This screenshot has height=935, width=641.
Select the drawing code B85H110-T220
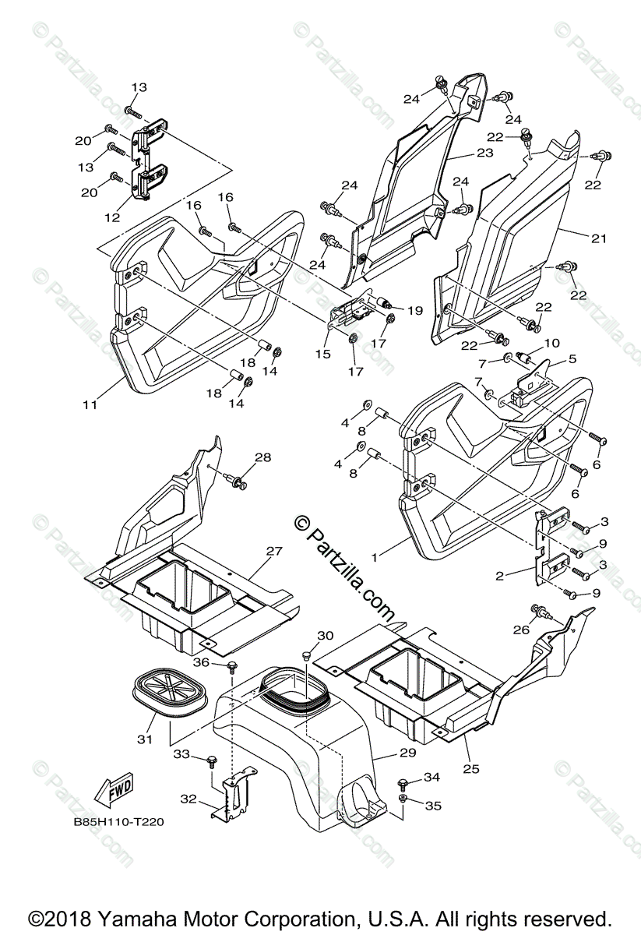click(118, 820)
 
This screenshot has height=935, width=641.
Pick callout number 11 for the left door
click(90, 404)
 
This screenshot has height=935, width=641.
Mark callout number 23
click(484, 153)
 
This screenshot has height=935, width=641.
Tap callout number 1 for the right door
click(375, 558)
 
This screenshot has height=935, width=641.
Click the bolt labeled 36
click(232, 665)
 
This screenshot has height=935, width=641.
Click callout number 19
click(414, 311)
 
